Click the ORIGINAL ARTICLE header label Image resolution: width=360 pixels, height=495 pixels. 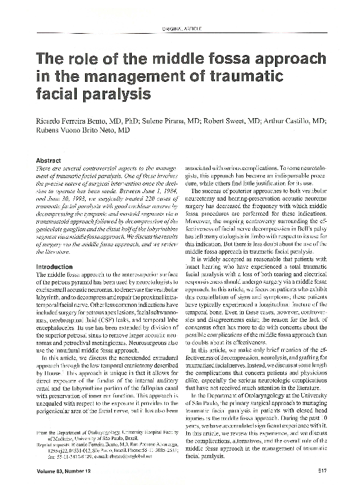[180, 30]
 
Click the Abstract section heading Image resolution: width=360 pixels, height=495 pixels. [49, 161]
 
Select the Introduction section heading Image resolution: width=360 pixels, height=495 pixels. [56, 266]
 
